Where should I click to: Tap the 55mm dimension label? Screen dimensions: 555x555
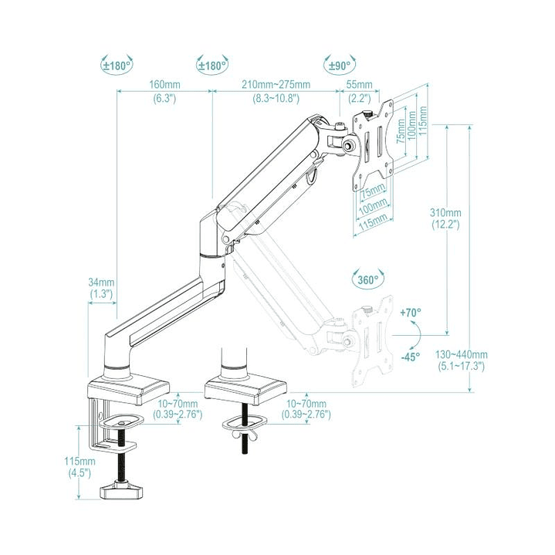point(360,84)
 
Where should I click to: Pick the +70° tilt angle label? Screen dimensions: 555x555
point(411,313)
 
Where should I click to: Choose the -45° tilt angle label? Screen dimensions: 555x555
point(411,357)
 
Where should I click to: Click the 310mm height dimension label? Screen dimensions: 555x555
point(446,213)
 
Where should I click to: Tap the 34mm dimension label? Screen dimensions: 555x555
point(100,283)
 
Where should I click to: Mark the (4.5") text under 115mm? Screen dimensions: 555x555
point(80,472)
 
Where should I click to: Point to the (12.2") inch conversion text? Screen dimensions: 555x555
point(446,225)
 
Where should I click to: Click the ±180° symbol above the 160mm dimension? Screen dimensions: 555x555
point(116,65)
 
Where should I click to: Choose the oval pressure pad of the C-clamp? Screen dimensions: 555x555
point(121,419)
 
